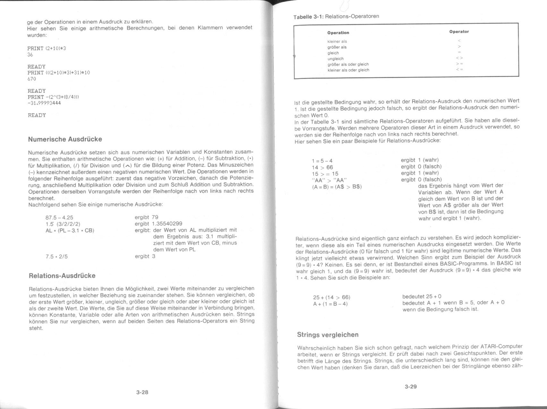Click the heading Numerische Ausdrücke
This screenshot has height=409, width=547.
(x=65, y=139)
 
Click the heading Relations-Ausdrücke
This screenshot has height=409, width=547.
(x=62, y=276)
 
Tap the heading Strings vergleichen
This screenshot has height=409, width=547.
(x=328, y=335)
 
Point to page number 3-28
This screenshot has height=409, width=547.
(x=142, y=392)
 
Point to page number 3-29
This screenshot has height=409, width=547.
(x=411, y=387)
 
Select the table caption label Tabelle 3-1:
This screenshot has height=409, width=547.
(x=309, y=16)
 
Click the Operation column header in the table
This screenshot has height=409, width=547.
(x=338, y=33)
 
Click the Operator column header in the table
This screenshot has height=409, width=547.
(x=459, y=31)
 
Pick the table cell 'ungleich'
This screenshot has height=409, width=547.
(x=335, y=59)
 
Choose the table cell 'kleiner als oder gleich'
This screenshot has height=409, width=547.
(x=348, y=70)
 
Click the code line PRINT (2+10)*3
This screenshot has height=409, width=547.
(x=47, y=48)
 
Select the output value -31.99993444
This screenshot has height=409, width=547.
(x=44, y=103)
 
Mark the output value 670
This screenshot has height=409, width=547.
(x=32, y=79)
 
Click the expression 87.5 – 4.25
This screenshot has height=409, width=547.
(x=59, y=217)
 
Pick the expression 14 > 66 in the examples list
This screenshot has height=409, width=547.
(x=322, y=167)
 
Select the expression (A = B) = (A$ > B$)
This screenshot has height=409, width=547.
(x=337, y=186)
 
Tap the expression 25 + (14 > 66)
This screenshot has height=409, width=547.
(x=331, y=297)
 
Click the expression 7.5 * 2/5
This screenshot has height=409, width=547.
(x=57, y=256)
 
